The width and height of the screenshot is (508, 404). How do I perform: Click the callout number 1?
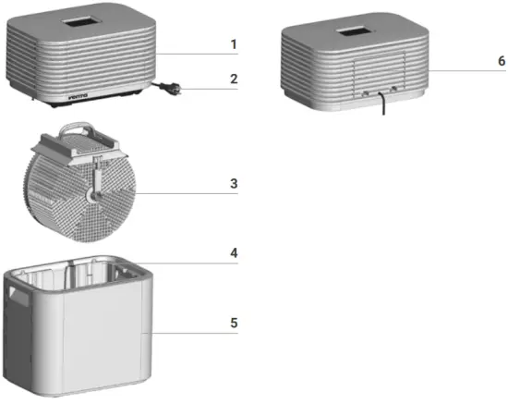click(x=234, y=43)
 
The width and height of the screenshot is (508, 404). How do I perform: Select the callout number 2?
click(x=234, y=80)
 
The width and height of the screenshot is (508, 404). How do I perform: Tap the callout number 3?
click(x=234, y=182)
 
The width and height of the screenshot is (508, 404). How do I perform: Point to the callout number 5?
click(x=234, y=323)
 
